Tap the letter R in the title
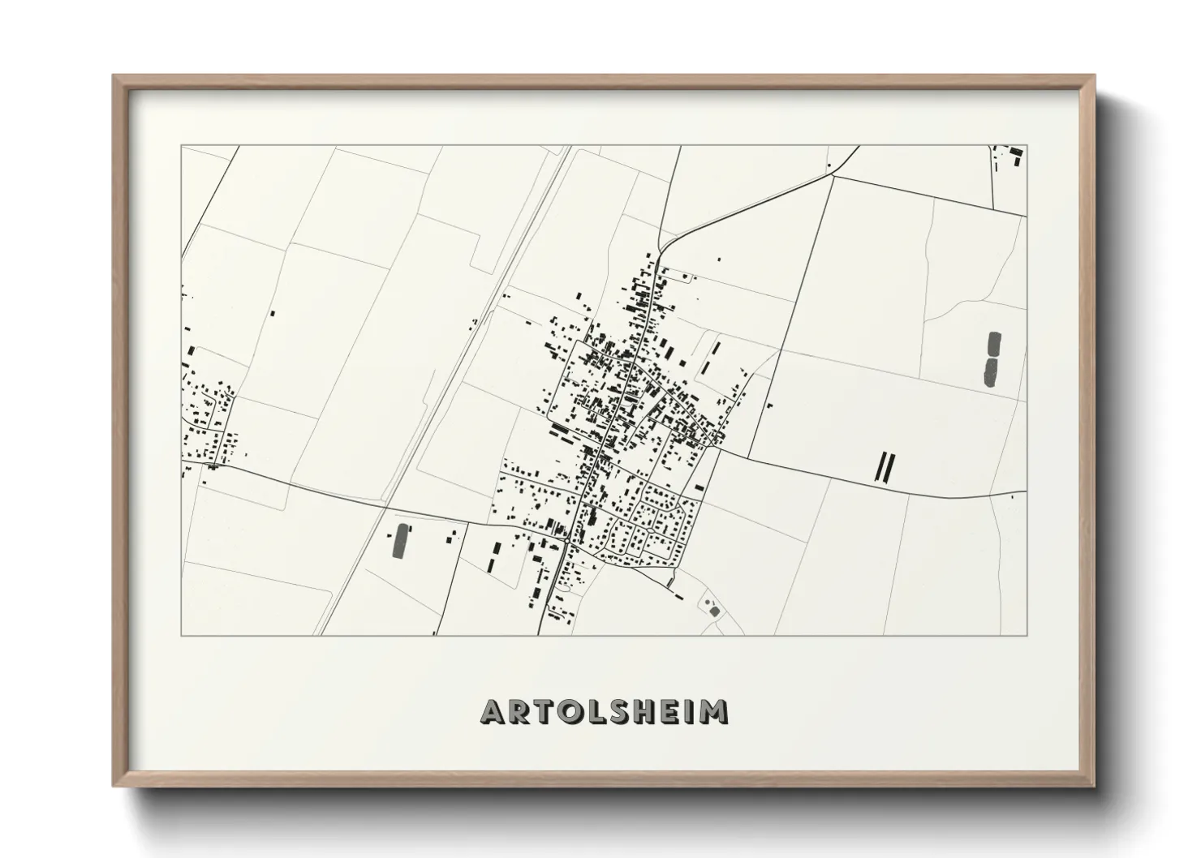(520, 711)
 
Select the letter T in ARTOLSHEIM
(545, 711)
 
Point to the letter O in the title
(571, 711)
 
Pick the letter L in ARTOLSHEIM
(596, 711)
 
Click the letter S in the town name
(621, 711)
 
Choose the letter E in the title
(673, 711)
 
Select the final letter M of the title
(715, 711)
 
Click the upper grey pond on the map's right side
(994, 344)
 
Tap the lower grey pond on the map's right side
(991, 371)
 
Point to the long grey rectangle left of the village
(399, 541)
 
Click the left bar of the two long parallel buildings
(879, 467)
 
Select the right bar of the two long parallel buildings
(890, 467)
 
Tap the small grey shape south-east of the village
(713, 610)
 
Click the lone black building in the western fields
(273, 312)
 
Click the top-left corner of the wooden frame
(114, 77)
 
